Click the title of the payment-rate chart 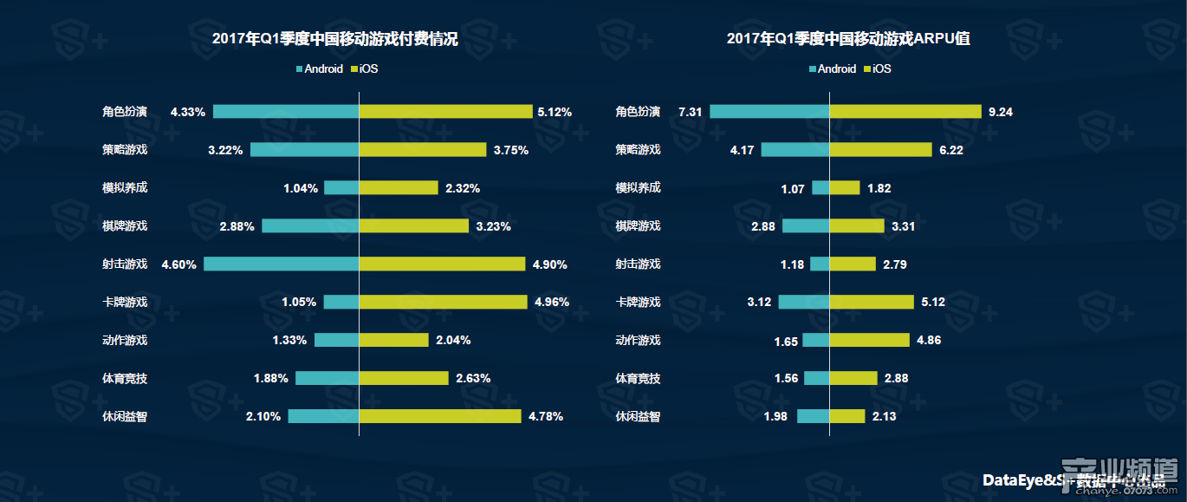click(x=334, y=39)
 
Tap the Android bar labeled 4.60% click(x=281, y=264)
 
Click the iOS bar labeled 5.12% click(x=445, y=111)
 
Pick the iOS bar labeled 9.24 click(x=905, y=111)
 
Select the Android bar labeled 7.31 click(x=769, y=111)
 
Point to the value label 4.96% click(x=552, y=303)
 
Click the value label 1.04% click(x=300, y=188)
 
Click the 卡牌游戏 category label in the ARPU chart click(x=638, y=303)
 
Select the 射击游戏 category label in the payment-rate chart click(x=125, y=264)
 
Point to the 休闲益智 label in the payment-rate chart click(x=125, y=417)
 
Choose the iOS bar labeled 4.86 click(x=869, y=340)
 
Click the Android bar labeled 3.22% click(x=304, y=149)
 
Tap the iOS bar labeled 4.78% click(x=439, y=416)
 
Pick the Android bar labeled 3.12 click(x=803, y=302)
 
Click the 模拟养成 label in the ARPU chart click(x=638, y=188)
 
